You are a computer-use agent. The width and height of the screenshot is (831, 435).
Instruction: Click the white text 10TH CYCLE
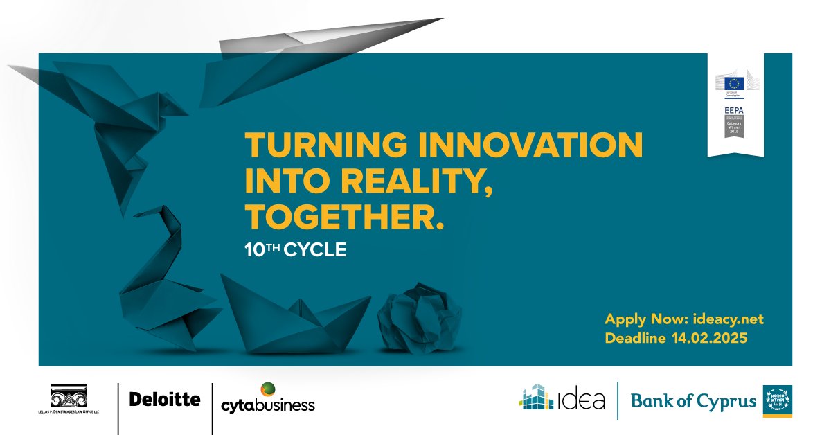(x=295, y=249)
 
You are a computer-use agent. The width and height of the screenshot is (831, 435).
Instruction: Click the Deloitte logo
(x=165, y=399)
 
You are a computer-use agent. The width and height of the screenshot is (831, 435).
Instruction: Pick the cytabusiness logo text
(x=267, y=404)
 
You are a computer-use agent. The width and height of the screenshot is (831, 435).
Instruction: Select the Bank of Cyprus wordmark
(x=693, y=401)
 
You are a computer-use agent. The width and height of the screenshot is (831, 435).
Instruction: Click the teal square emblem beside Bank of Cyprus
(x=777, y=401)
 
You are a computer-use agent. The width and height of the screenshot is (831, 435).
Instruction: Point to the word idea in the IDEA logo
(x=582, y=400)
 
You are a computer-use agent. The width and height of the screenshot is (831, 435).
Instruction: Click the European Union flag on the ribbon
(x=734, y=83)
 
